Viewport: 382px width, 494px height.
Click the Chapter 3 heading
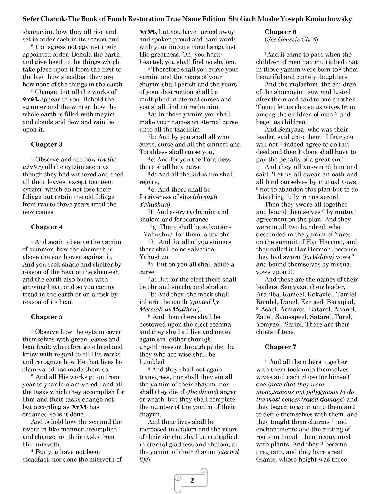coord(47,144)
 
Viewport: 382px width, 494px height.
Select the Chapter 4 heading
coord(47,227)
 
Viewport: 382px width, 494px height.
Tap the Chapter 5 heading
coord(47,317)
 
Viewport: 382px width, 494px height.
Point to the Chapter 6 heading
coord(280,32)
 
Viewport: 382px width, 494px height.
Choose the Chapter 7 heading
coord(280,347)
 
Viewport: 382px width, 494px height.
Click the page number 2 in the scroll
coord(192,480)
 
